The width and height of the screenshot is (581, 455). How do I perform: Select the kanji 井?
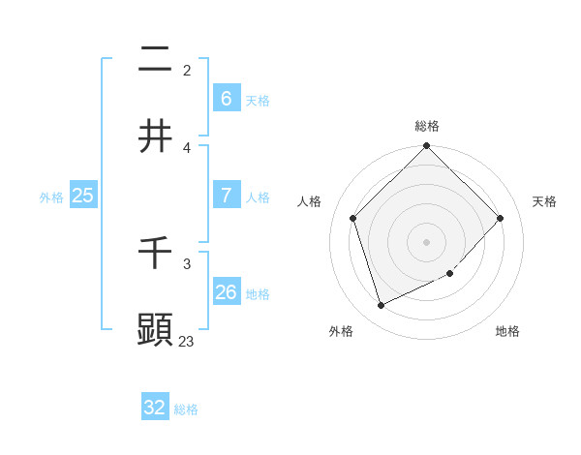click(x=155, y=136)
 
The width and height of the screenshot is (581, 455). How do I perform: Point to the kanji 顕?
click(x=155, y=330)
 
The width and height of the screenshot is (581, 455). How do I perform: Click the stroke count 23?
click(x=186, y=341)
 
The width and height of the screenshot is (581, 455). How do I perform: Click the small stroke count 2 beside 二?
click(x=187, y=70)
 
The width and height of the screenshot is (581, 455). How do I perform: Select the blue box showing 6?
click(x=226, y=98)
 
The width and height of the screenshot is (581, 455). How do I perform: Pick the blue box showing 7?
click(x=226, y=195)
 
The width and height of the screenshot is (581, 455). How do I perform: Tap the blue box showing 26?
click(x=226, y=291)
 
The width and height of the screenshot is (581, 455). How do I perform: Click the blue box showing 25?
click(x=82, y=195)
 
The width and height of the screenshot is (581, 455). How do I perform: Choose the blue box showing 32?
click(x=155, y=408)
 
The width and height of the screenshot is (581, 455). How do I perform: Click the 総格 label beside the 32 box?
click(x=186, y=409)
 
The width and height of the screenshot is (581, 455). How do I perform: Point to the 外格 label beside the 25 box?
click(x=51, y=197)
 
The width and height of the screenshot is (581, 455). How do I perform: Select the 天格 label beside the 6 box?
click(x=257, y=100)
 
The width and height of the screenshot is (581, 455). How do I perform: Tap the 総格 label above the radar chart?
click(x=426, y=126)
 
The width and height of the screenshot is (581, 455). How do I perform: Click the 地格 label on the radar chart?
click(x=507, y=331)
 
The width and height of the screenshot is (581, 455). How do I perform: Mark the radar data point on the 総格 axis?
click(x=426, y=147)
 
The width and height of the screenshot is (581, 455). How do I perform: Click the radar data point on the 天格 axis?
click(x=501, y=218)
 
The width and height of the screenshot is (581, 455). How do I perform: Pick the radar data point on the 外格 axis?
click(x=381, y=305)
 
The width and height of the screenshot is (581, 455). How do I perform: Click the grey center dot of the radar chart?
click(x=426, y=242)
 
